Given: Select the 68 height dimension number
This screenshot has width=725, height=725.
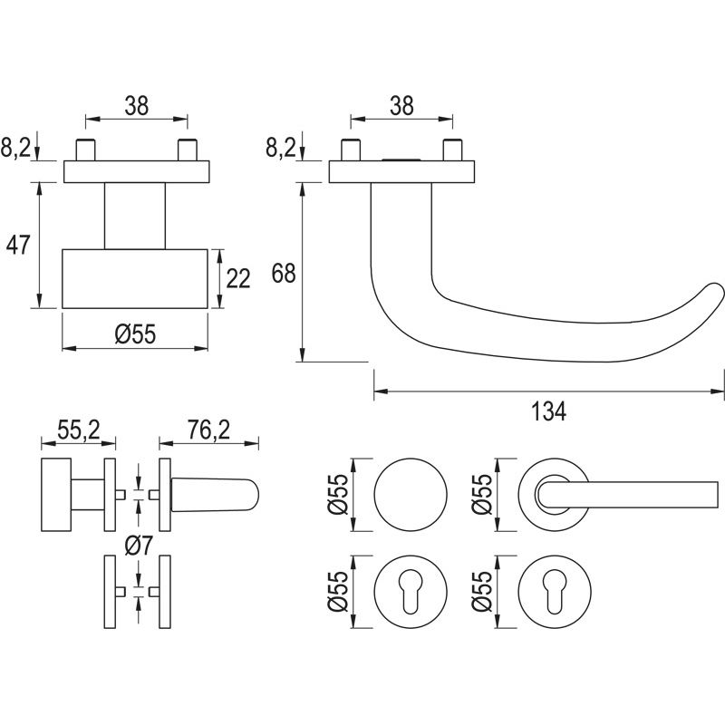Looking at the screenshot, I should (284, 273).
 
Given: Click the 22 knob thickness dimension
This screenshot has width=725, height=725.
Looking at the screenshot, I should (237, 278).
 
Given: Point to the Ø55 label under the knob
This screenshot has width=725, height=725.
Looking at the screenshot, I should (136, 333).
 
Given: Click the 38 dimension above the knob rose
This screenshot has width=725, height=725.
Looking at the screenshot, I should (136, 106).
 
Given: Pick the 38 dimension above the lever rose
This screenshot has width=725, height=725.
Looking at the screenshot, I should (401, 106).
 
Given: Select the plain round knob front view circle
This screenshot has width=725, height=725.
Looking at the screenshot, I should (410, 495).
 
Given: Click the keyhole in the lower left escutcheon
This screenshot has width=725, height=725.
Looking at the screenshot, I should (410, 592).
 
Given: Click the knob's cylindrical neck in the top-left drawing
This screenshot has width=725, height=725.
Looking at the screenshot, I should (136, 215).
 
